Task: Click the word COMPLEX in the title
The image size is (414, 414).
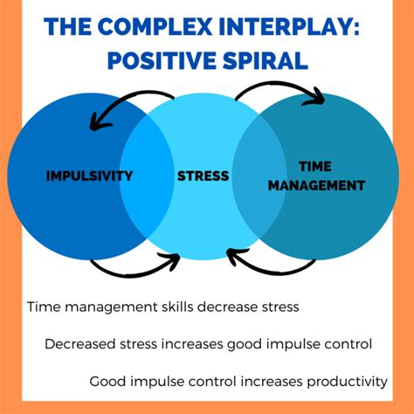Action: [156, 26]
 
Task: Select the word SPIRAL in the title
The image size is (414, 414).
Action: [265, 60]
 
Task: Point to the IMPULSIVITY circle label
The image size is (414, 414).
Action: [89, 176]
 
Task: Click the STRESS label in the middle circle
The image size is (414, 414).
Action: [204, 176]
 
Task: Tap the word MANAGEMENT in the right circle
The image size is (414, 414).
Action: [316, 185]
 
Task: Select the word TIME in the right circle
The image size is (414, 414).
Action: [315, 167]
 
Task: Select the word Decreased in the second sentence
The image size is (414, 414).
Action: [80, 344]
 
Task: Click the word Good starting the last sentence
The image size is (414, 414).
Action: [107, 381]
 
